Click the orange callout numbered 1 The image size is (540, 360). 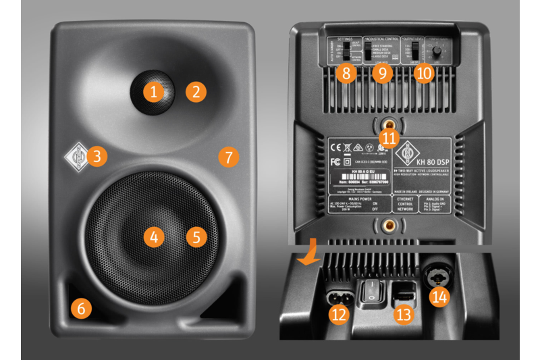[x=155, y=91]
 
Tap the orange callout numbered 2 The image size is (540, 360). [x=196, y=91]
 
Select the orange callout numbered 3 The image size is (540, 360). [x=97, y=157]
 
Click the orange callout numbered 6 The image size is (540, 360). [x=80, y=309]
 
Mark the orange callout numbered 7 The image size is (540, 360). [x=228, y=157]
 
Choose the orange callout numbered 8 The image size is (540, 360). [x=346, y=74]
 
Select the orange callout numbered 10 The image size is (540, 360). [x=423, y=74]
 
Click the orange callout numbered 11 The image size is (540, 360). [x=388, y=137]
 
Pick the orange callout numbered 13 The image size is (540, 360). [x=404, y=313]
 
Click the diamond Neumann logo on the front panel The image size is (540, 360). [x=75, y=158]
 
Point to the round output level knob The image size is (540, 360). [x=437, y=53]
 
